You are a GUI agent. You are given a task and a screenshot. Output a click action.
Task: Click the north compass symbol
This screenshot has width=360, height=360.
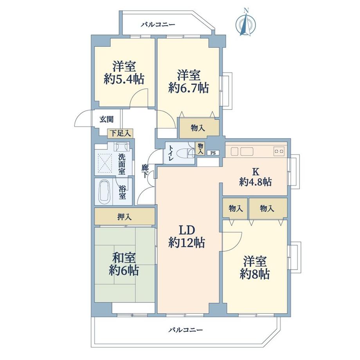pos(245,24)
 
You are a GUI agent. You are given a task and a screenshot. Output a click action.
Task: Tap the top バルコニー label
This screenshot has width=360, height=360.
pos(158,25)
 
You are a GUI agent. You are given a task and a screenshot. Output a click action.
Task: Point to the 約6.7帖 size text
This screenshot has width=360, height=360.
pos(188,87)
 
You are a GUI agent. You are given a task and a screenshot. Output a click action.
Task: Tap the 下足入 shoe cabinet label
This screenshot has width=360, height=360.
pos(120,133)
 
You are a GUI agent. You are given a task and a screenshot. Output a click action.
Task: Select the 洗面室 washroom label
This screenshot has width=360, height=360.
pos(122,165)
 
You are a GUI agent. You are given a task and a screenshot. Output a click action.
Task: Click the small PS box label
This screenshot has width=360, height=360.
pos(213,153)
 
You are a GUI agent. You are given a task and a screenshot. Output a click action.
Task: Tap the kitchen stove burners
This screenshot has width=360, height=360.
pos(279,151)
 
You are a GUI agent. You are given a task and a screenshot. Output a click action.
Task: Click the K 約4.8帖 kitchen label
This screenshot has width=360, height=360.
pos(256,177)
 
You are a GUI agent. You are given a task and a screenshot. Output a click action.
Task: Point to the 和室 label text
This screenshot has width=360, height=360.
pos(124,258)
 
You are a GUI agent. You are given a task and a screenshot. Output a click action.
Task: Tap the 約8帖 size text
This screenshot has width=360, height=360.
pos(255,274)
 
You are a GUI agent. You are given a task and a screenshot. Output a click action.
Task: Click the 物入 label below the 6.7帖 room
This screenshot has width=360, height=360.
pos(198,128)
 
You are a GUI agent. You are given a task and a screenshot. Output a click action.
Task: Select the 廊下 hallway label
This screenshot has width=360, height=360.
pos(145,171)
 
